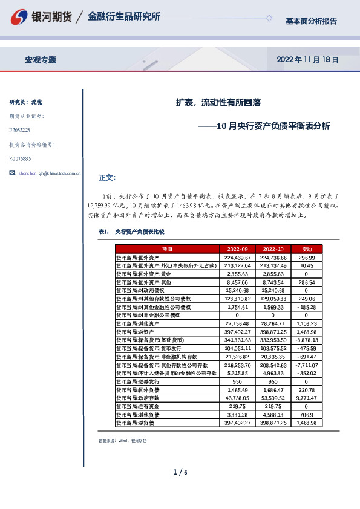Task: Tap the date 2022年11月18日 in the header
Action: (307, 60)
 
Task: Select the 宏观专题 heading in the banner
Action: (41, 60)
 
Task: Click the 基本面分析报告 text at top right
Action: (312, 21)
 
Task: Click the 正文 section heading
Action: (106, 178)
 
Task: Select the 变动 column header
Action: (307, 249)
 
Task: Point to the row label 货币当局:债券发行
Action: (134, 382)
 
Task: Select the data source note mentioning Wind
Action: (122, 441)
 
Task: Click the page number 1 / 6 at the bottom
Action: (180, 472)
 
